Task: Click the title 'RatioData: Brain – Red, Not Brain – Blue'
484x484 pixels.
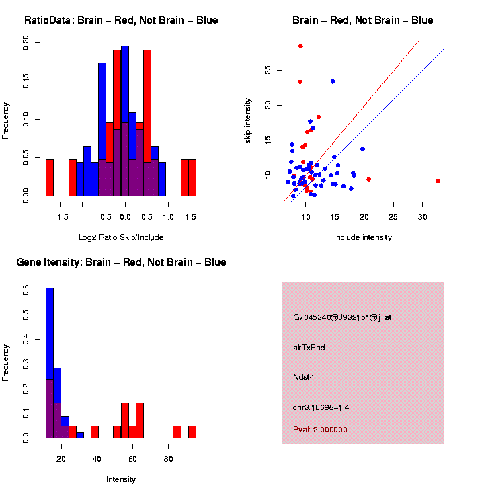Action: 121,20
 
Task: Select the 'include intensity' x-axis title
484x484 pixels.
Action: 363,237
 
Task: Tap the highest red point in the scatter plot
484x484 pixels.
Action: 300,46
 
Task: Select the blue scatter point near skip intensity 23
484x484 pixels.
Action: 332,81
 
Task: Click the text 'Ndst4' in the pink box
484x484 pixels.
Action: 303,376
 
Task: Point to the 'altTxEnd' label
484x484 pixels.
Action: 309,348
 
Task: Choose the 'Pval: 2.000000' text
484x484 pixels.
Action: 319,430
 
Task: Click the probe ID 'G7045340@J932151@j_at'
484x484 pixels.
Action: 341,317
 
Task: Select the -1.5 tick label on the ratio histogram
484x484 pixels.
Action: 61,217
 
